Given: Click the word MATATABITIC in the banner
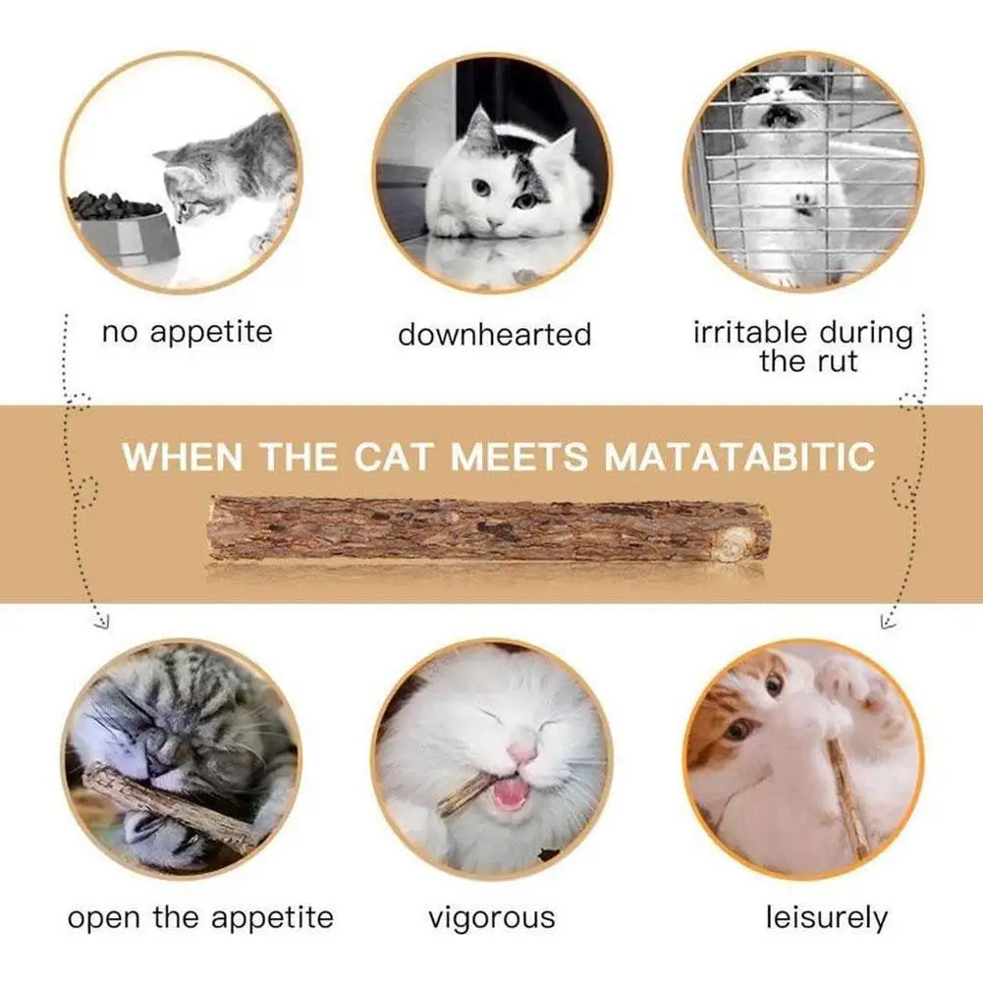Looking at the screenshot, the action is tap(739, 456).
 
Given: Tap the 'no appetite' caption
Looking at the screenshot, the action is tap(188, 332).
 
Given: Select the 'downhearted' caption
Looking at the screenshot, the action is tap(495, 334).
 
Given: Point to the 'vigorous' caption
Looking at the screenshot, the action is tap(491, 918).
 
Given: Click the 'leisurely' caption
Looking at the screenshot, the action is tap(827, 918).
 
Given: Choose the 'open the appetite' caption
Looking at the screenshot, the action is tap(200, 918).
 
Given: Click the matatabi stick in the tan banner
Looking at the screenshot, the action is tap(489, 528).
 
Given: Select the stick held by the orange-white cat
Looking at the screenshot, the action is tap(847, 796).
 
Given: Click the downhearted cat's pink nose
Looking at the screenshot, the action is tap(495, 224).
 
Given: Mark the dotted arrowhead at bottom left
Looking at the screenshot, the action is tap(101, 621).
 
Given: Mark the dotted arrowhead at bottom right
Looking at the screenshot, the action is tap(888, 621).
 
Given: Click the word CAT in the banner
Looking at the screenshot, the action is tap(393, 456).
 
